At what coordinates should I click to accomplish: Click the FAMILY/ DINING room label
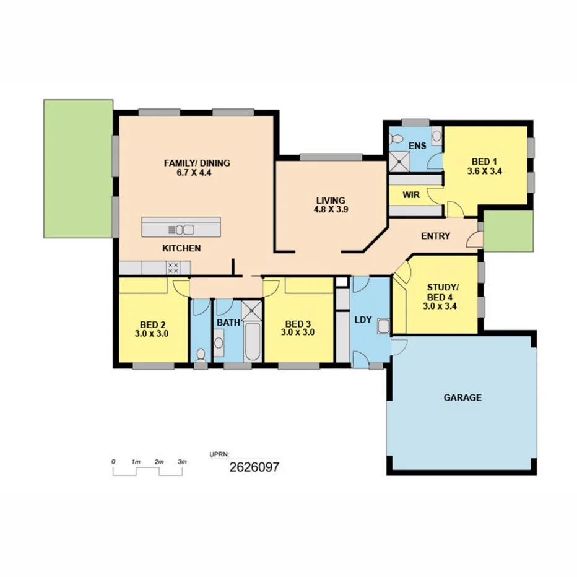pyautogui.click(x=196, y=163)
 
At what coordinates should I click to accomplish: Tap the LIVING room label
pyautogui.click(x=330, y=201)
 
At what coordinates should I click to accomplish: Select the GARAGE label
pyautogui.click(x=462, y=397)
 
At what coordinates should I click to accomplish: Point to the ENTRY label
pyautogui.click(x=435, y=236)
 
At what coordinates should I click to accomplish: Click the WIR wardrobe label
pyautogui.click(x=411, y=195)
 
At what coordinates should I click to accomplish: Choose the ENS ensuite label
pyautogui.click(x=417, y=146)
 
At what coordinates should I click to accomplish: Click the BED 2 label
pyautogui.click(x=152, y=324)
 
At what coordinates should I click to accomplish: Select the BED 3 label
pyautogui.click(x=298, y=324)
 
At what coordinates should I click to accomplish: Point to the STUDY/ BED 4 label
pyautogui.click(x=443, y=287)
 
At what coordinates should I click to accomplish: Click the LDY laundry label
pyautogui.click(x=363, y=320)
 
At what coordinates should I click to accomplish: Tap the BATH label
pyautogui.click(x=227, y=323)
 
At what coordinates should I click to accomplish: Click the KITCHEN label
pyautogui.click(x=181, y=248)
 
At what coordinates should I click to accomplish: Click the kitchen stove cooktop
pyautogui.click(x=174, y=268)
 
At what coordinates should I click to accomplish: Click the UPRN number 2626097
pyautogui.click(x=254, y=467)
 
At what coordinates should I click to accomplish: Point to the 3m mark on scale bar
pyautogui.click(x=182, y=462)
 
